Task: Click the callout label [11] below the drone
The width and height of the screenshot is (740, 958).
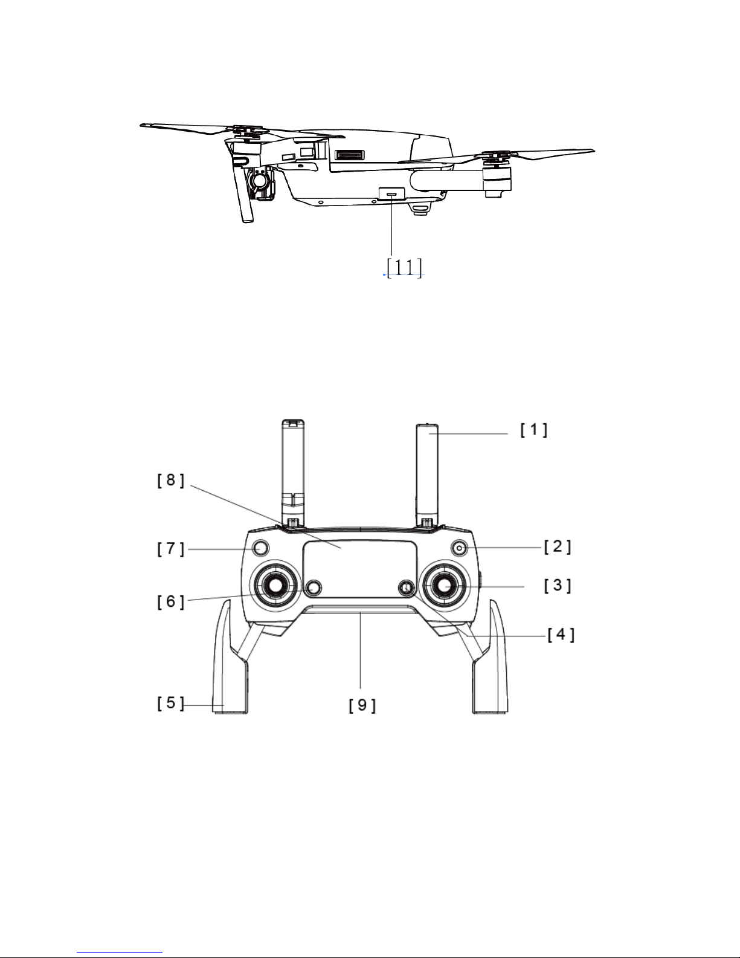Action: pyautogui.click(x=404, y=267)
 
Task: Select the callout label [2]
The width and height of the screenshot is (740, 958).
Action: pyautogui.click(x=557, y=546)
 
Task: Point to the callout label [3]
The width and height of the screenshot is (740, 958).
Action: pyautogui.click(x=557, y=586)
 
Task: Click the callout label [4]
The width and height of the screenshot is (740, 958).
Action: pyautogui.click(x=561, y=635)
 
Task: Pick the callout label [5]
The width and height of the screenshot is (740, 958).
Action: pyautogui.click(x=171, y=601)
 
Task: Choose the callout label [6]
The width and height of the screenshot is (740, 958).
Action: pyautogui.click(x=171, y=549)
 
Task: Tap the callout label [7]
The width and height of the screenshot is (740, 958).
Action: pyautogui.click(x=171, y=480)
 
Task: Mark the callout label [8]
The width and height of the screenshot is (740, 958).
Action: pyautogui.click(x=362, y=705)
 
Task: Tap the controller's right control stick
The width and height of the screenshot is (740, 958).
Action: pyautogui.click(x=445, y=585)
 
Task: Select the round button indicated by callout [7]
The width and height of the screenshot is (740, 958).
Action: pyautogui.click(x=261, y=548)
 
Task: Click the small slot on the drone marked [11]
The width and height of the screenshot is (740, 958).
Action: pyautogui.click(x=391, y=193)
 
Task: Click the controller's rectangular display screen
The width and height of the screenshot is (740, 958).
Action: pyautogui.click(x=360, y=569)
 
